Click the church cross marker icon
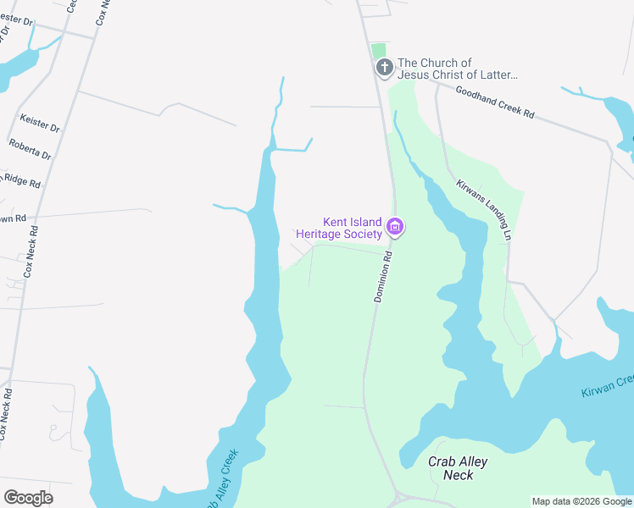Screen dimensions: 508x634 (384, 68)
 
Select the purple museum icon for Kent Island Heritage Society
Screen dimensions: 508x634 (395, 226)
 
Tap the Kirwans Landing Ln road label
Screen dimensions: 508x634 (485, 211)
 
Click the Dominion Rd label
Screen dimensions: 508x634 (384, 277)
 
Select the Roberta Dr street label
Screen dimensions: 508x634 (31, 150)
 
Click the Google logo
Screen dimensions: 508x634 (28, 497)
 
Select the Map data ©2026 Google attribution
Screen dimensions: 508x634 (581, 501)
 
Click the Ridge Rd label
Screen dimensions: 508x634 (20, 179)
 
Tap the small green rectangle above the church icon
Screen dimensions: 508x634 (378, 50)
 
